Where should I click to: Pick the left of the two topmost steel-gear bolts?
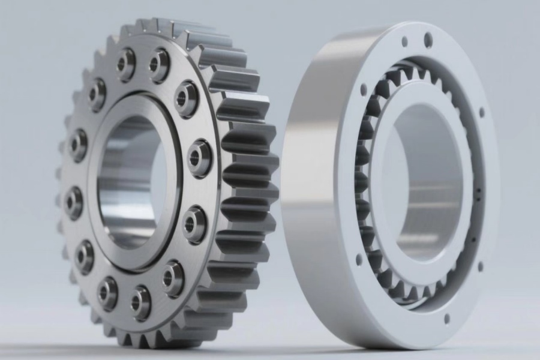[126, 63]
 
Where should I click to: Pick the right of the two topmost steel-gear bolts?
[159, 64]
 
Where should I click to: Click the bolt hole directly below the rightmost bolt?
[194, 224]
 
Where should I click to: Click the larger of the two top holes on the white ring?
[428, 40]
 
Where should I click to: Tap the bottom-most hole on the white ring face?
[446, 318]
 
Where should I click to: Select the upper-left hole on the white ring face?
[364, 90]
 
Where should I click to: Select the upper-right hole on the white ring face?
[481, 112]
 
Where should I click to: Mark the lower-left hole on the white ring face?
[359, 260]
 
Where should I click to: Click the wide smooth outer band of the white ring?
[318, 180]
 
